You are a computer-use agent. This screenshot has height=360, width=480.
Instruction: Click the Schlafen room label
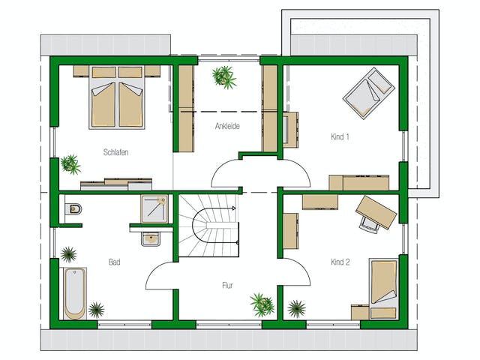point(115,152)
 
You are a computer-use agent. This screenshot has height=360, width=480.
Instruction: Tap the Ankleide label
point(227,126)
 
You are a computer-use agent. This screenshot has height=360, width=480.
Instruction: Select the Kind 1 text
point(340,136)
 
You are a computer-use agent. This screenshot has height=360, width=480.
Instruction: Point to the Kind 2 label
point(340,262)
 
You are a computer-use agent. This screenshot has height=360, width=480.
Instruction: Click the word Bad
point(115,262)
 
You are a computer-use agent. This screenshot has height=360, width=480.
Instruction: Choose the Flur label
point(227,285)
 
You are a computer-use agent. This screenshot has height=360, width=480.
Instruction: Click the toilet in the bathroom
point(73,209)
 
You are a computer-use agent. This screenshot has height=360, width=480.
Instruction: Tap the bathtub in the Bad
point(75,293)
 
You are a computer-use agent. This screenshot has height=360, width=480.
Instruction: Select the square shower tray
point(154,209)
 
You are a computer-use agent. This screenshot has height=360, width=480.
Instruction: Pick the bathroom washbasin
point(151,238)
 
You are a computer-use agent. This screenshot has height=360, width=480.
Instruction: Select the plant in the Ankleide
point(224,76)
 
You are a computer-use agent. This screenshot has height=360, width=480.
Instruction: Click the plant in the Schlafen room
point(70,164)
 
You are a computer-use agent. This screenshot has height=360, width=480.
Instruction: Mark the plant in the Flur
point(262,304)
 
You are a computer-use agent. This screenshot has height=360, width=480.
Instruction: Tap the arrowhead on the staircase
point(234,208)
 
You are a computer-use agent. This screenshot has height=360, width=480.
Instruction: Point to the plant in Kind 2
point(297,308)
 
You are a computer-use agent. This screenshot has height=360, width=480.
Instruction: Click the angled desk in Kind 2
point(376,212)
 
